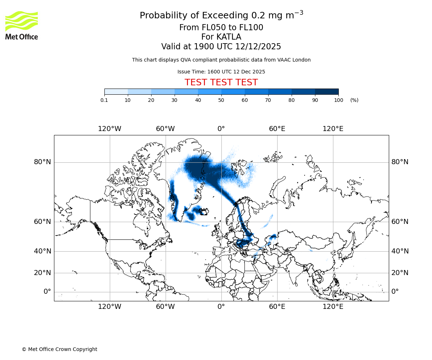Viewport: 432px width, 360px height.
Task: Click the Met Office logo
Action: point(22,25)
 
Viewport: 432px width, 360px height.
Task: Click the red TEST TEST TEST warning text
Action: point(221,82)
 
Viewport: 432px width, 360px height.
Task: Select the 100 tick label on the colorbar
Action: point(338,100)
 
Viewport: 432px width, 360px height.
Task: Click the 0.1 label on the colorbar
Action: point(104,100)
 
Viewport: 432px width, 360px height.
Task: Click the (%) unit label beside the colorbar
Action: point(354,100)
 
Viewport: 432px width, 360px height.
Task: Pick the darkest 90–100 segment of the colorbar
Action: point(327,91)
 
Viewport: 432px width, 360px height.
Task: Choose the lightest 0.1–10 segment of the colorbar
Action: point(116,91)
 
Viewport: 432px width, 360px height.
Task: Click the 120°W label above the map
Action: point(109,129)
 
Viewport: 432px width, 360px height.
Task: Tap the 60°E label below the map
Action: point(277,307)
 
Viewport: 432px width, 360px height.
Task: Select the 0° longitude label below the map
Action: point(221,307)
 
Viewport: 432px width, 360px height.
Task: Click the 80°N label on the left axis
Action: point(42,162)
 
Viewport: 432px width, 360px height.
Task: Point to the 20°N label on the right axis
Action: point(400,273)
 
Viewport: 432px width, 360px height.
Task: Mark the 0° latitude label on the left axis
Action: point(47,292)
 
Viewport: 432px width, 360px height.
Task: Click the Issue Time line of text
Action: point(221,72)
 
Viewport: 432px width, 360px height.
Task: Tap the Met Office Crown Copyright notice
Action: point(59,349)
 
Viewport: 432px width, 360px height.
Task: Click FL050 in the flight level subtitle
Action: point(210,28)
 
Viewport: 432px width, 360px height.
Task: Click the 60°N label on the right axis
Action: point(400,222)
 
